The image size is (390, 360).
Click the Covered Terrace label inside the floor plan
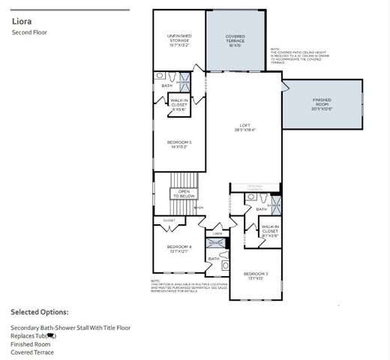235,40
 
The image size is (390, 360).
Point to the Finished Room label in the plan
322,103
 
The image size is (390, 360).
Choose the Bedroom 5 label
178,145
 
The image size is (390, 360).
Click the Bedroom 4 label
179,249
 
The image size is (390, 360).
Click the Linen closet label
217,233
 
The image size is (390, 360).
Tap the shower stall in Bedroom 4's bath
216,244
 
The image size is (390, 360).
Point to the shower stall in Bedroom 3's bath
274,205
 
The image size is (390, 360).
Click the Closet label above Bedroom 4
169,220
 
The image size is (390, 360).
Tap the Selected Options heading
39,312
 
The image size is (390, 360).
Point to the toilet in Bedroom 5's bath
171,77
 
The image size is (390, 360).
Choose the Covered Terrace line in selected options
32,352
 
